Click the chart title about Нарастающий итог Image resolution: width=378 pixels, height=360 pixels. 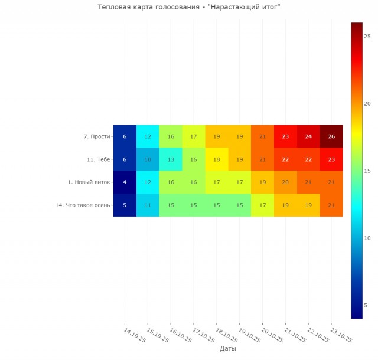click(188, 7)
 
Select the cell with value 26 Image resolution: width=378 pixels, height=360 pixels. click(331, 136)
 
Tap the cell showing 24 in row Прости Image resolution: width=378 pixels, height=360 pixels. click(308, 136)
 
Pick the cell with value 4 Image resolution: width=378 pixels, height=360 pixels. click(125, 182)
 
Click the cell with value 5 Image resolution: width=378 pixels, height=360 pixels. click(125, 205)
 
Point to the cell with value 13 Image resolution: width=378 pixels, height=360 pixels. click(171, 159)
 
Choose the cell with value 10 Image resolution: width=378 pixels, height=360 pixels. click(148, 159)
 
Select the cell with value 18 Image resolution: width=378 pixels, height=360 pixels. click(217, 159)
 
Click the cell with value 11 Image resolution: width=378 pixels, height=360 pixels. click(148, 205)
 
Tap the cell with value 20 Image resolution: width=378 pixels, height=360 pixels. click(285, 182)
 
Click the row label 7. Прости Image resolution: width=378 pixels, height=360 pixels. click(97, 136)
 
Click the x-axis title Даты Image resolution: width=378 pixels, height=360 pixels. click(228, 349)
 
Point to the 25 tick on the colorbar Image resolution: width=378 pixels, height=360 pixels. click(367, 35)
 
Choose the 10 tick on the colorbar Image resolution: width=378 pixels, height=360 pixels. click(367, 238)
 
